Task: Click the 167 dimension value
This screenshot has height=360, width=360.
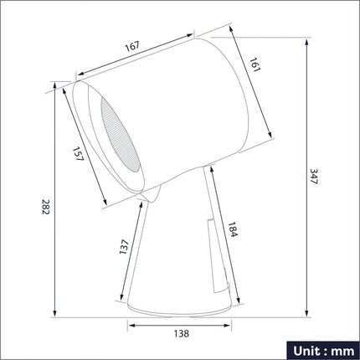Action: tap(132, 46)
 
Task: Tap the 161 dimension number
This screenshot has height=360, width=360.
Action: tap(255, 64)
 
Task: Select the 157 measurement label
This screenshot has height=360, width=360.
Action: tap(78, 154)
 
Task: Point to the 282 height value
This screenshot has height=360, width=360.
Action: tap(45, 207)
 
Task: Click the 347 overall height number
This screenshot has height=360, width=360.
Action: tap(314, 177)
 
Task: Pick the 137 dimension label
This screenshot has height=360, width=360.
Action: tap(124, 247)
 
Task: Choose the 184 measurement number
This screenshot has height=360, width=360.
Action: tap(232, 229)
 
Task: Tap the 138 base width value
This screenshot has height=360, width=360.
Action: tap(182, 333)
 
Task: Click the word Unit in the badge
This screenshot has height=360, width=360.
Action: tap(306, 351)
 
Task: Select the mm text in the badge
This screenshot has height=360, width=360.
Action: tap(342, 352)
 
